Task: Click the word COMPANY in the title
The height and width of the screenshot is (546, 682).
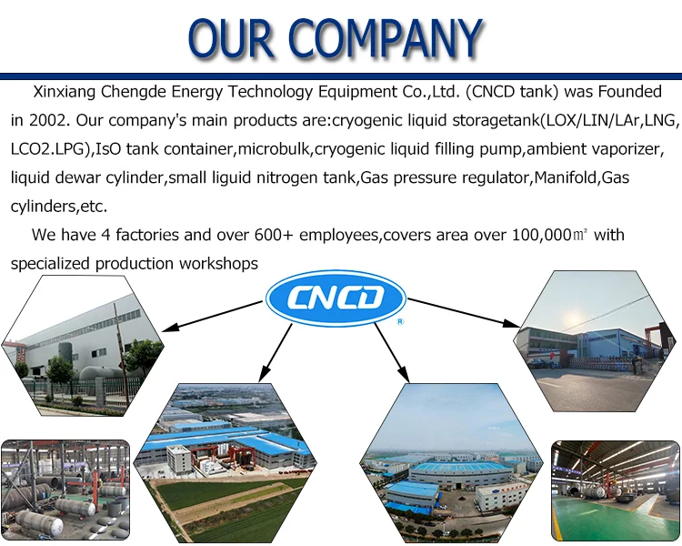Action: pyautogui.click(x=392, y=37)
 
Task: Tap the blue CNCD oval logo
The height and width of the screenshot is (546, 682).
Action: pyautogui.click(x=335, y=298)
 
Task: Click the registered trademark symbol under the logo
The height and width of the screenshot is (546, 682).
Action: pyautogui.click(x=400, y=321)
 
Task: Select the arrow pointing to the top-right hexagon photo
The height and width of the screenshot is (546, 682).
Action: pyautogui.click(x=464, y=310)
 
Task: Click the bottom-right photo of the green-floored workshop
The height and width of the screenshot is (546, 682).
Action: pyautogui.click(x=617, y=491)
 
